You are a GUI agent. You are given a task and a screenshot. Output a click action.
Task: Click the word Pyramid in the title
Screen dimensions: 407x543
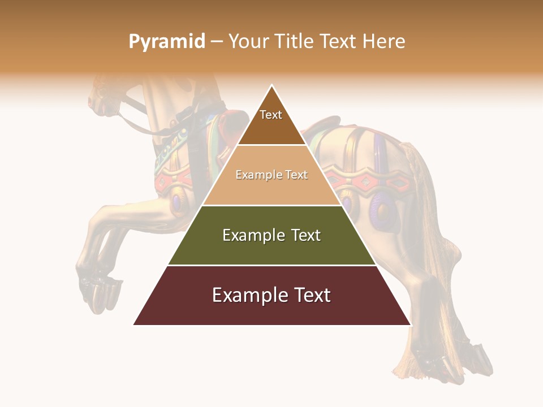click(x=166, y=42)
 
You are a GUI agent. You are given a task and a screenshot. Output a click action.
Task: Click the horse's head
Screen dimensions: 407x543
click(x=105, y=96)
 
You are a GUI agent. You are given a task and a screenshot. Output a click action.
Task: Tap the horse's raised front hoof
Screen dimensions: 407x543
click(x=99, y=291)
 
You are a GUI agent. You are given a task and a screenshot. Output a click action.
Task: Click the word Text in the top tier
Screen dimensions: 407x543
click(x=271, y=115)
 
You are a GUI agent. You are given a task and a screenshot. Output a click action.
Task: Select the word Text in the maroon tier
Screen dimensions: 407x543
click(x=309, y=295)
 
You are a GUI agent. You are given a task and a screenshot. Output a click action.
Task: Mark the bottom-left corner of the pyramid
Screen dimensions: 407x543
click(x=133, y=324)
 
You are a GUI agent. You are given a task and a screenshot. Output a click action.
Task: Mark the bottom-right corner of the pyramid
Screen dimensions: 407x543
click(x=411, y=324)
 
